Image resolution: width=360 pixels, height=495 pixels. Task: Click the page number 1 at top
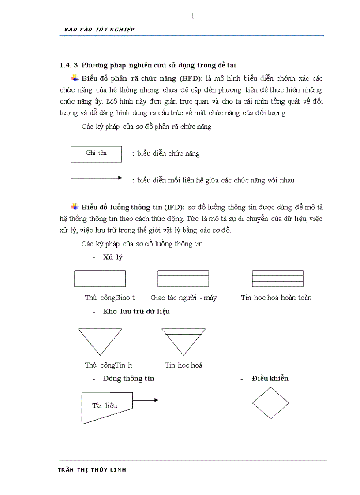click(192, 16)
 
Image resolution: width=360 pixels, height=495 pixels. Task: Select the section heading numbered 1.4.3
click(148, 65)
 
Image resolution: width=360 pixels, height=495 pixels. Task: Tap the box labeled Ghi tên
click(96, 153)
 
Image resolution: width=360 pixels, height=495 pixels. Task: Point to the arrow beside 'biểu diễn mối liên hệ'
click(96, 178)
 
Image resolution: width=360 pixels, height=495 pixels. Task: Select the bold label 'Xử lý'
click(112, 257)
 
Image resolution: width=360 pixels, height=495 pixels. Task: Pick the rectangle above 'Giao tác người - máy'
click(183, 279)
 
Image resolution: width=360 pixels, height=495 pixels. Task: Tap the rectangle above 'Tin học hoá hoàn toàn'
click(277, 279)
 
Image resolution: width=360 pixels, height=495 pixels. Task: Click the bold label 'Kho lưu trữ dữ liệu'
click(136, 311)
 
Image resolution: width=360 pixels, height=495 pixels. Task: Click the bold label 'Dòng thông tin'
click(128, 378)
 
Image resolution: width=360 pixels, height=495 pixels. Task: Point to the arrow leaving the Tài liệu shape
click(146, 400)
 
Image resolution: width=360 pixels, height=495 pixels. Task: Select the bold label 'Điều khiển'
click(270, 378)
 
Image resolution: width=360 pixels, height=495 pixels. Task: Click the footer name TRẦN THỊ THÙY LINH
click(92, 470)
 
